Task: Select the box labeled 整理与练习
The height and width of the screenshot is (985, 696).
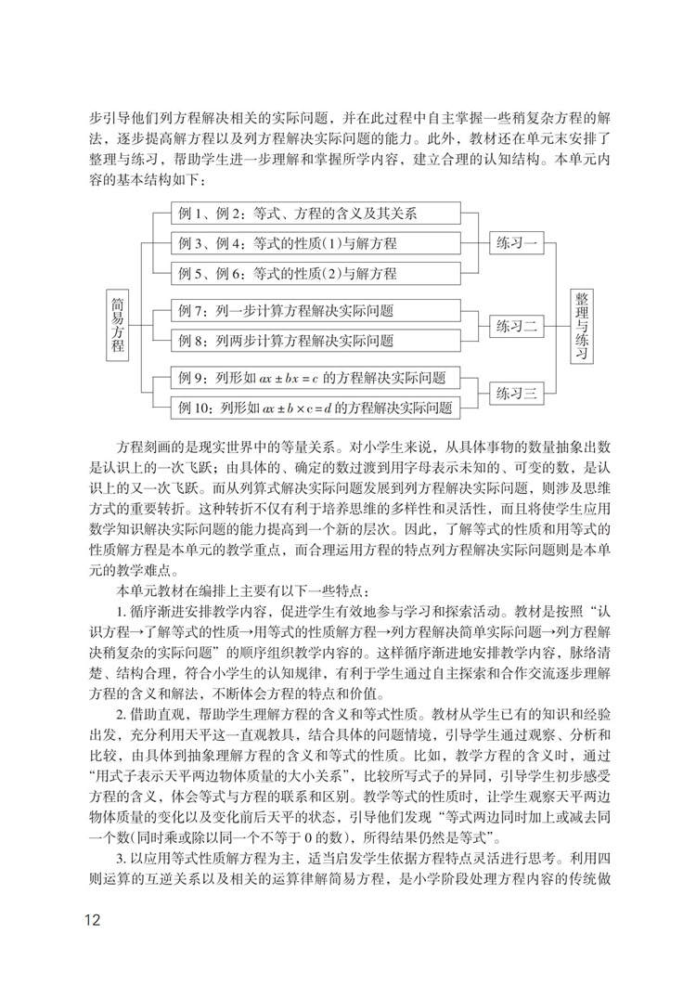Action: (582, 325)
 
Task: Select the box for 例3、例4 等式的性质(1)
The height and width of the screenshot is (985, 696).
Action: (316, 244)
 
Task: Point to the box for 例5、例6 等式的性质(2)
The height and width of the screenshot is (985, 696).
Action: (316, 274)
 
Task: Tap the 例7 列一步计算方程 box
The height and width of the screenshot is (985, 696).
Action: (316, 311)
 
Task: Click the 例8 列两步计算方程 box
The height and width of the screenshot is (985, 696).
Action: (316, 341)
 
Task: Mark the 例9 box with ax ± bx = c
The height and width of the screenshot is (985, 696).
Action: (316, 378)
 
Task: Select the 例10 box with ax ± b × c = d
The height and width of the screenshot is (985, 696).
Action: (316, 408)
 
